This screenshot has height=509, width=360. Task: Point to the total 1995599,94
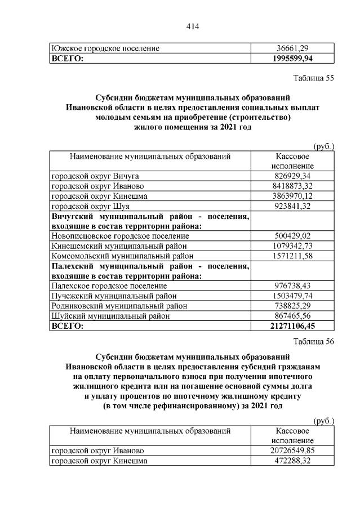292,58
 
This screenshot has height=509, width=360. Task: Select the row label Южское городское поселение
105,48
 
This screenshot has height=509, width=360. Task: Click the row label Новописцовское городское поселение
121,236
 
